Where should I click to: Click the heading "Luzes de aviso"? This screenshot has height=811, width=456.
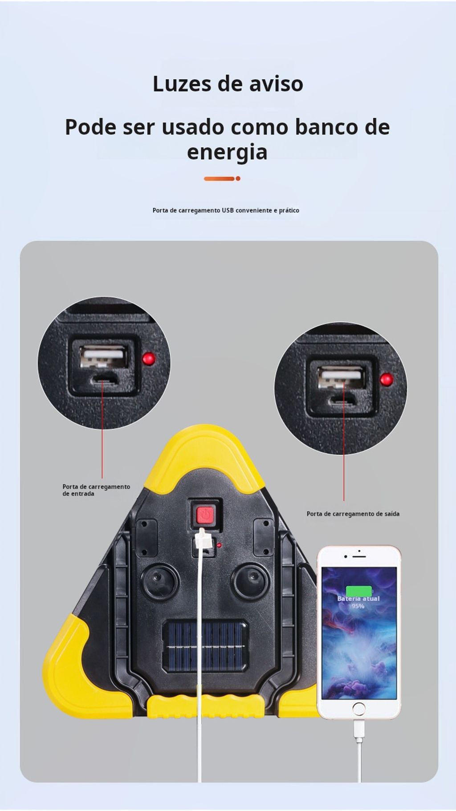228,84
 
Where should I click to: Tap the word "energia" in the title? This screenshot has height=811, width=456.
227,153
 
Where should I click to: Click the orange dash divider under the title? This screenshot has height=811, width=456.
222,178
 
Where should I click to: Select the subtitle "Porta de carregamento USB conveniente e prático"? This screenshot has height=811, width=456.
226,210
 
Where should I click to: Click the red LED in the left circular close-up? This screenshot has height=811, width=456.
149,358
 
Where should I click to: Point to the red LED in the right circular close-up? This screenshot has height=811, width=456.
386,380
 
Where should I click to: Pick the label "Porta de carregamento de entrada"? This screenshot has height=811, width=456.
96,490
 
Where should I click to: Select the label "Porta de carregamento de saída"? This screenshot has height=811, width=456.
353,514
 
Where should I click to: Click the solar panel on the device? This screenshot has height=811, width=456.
205,646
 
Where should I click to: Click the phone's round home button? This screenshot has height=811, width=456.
358,709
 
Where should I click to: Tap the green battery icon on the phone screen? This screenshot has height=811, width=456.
359,591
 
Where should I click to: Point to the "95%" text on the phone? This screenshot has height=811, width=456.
358,606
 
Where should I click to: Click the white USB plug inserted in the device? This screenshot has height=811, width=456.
202,541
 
